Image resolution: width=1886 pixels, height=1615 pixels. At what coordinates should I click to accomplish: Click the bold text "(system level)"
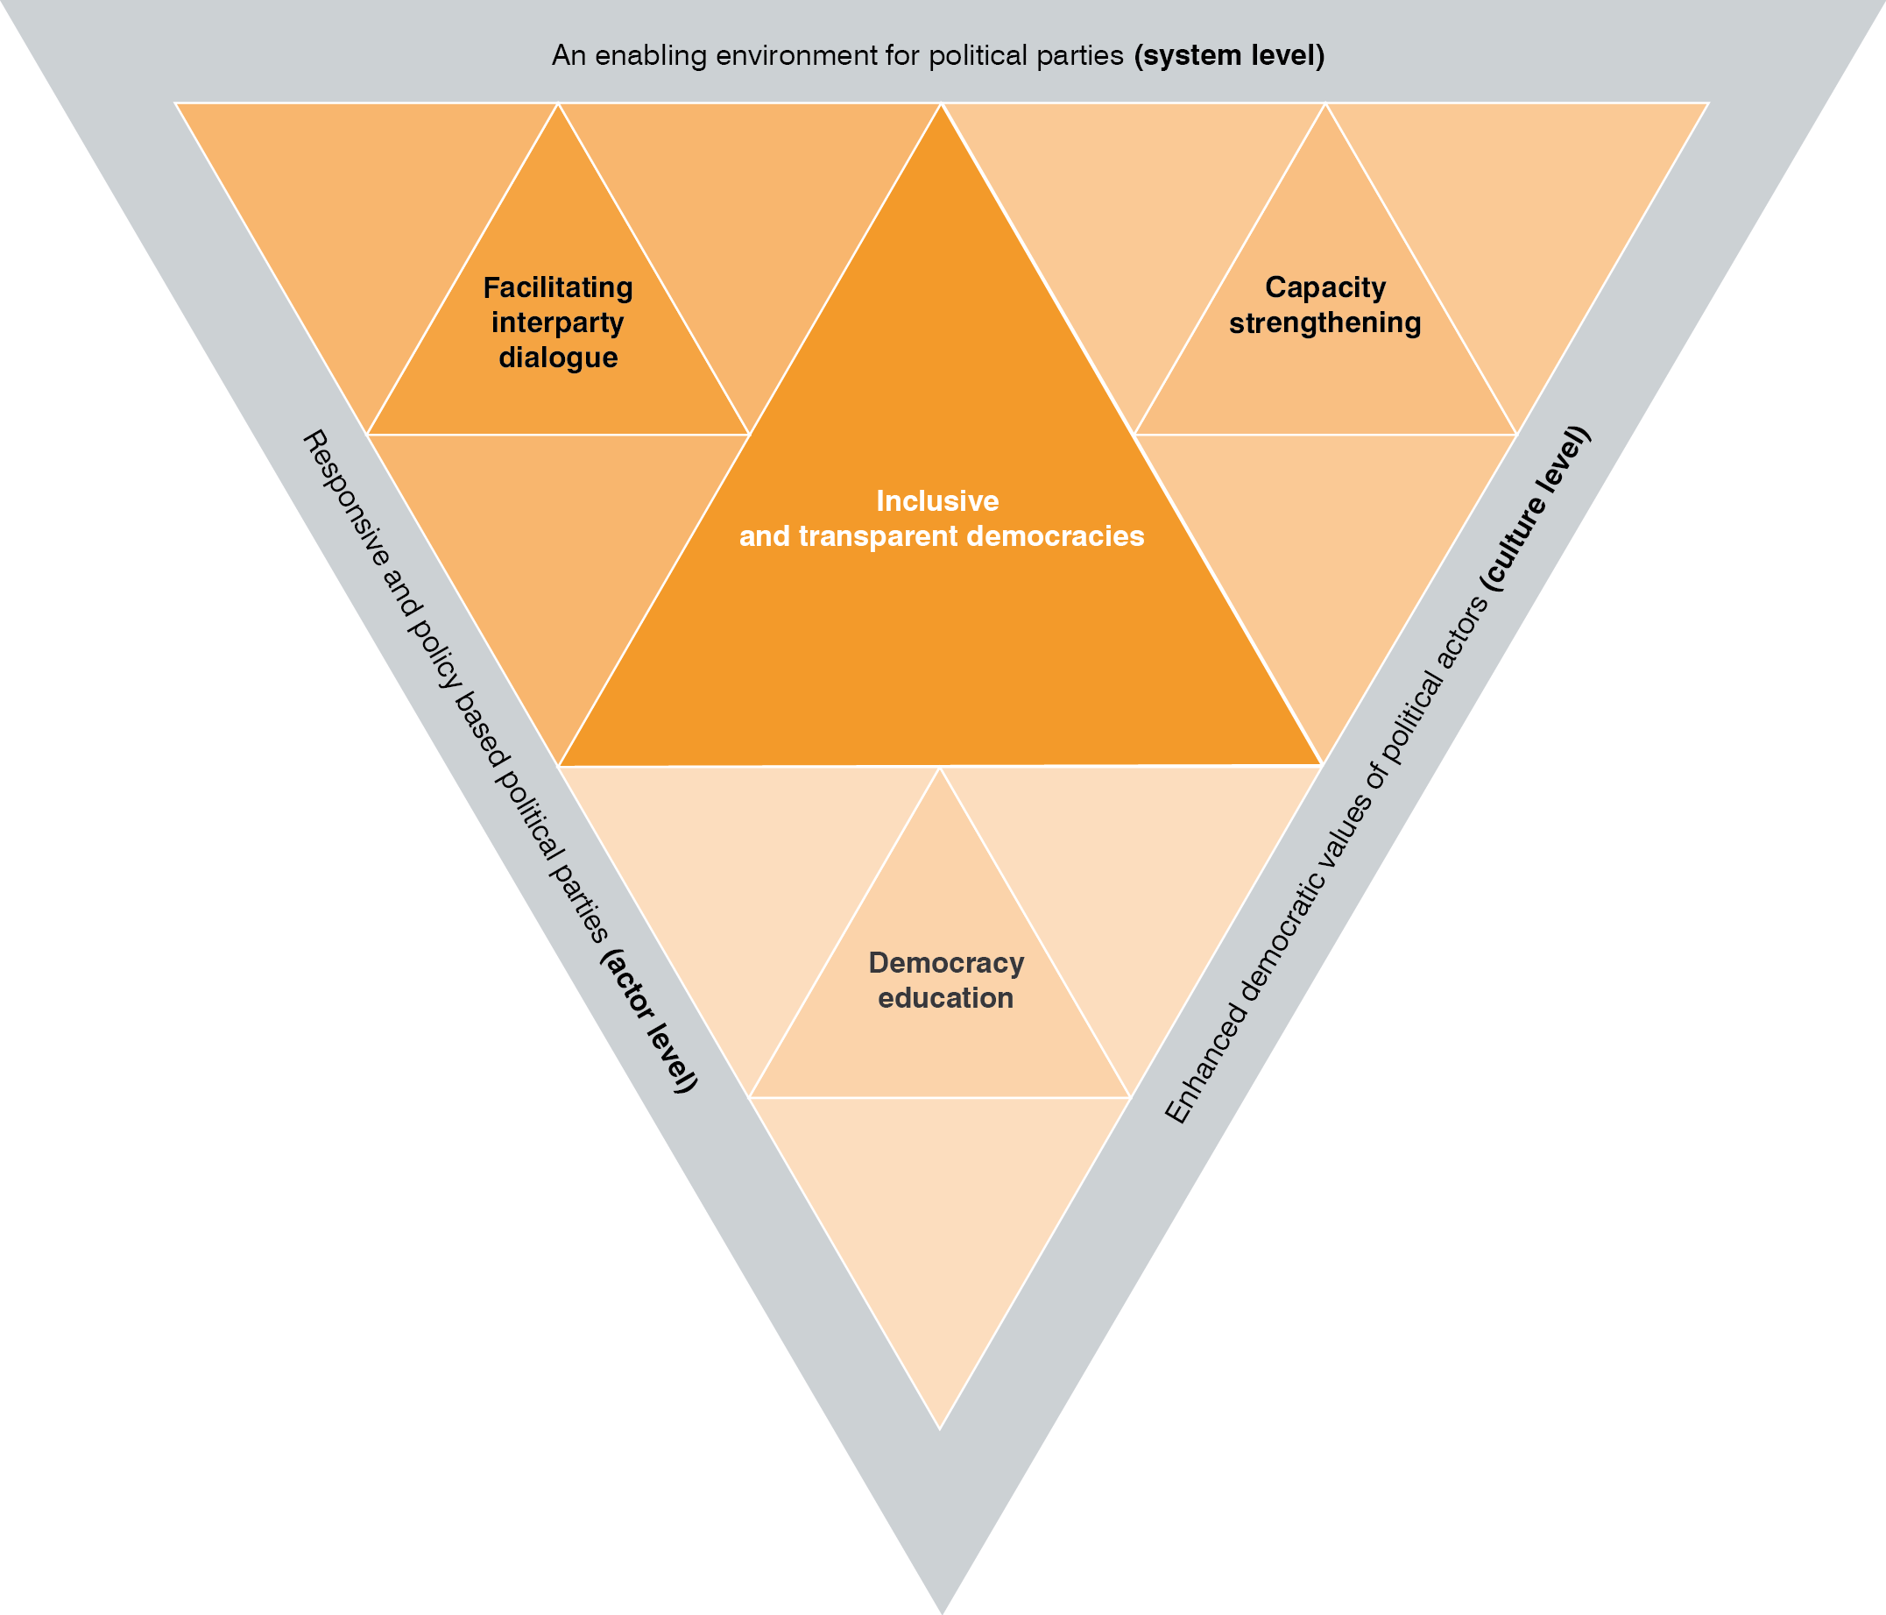(1229, 55)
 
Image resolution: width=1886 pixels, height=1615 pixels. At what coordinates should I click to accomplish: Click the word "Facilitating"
(558, 287)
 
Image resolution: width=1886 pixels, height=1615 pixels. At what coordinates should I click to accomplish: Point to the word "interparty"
(558, 322)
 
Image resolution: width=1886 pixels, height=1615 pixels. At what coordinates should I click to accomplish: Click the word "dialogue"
(558, 357)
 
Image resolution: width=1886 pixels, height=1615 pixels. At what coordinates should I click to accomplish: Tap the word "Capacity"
(1325, 287)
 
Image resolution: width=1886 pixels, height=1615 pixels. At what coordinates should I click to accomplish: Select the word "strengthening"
(1325, 322)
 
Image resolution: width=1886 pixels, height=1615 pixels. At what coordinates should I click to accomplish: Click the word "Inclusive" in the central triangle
(937, 500)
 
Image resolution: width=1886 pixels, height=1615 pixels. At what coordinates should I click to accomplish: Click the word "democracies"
(1056, 536)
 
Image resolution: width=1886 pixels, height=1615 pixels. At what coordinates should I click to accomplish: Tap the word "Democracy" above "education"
(947, 962)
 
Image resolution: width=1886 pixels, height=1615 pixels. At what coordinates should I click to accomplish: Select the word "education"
(946, 998)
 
